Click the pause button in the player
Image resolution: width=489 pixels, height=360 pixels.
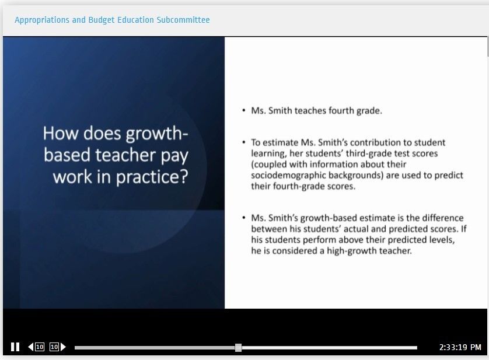tap(15, 347)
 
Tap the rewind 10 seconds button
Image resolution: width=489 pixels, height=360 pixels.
tap(36, 347)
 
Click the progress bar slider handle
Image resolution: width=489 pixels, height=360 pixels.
tap(238, 348)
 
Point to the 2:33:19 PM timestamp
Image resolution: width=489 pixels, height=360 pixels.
tap(460, 347)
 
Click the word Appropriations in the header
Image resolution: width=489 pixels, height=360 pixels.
tap(42, 20)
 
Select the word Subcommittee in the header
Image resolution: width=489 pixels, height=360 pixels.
tap(183, 20)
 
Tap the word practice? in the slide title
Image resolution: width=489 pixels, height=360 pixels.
tap(152, 177)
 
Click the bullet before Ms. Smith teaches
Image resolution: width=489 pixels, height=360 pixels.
tap(243, 110)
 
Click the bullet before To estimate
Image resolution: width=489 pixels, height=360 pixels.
tap(243, 142)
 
